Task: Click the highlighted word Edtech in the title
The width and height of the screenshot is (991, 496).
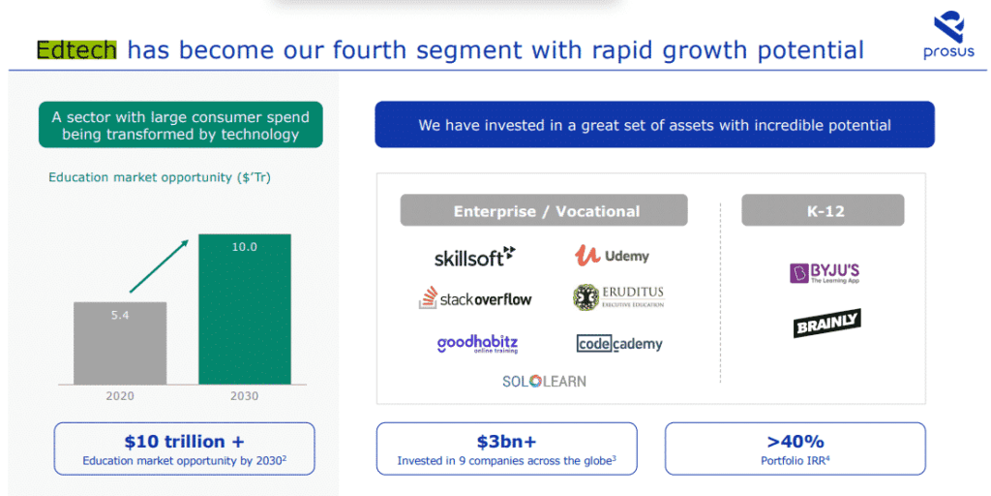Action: click(76, 49)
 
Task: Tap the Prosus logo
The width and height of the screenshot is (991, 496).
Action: click(948, 37)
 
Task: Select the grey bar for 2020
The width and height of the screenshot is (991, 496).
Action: click(120, 343)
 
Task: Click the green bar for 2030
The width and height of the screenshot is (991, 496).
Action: click(245, 309)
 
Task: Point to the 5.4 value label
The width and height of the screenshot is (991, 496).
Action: click(120, 315)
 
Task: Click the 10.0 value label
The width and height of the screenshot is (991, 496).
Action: click(245, 247)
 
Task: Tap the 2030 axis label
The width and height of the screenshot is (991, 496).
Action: click(245, 396)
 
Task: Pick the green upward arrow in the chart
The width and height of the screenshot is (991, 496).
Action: click(160, 265)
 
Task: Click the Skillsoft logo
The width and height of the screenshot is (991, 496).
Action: click(474, 256)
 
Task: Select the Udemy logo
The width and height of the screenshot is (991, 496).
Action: click(612, 256)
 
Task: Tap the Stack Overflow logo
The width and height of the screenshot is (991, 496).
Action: click(475, 298)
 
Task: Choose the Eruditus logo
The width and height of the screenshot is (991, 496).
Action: click(618, 297)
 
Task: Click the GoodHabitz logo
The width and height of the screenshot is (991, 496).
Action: click(478, 344)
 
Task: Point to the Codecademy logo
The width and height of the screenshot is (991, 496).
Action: click(619, 344)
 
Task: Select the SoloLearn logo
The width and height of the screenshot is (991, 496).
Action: click(544, 382)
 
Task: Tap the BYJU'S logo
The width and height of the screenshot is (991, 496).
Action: click(825, 272)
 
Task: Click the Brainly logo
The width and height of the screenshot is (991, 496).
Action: click(826, 324)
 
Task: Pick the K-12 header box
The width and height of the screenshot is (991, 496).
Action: click(823, 210)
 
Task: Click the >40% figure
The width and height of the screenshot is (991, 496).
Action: click(796, 441)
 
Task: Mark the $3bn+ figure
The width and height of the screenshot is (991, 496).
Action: click(507, 441)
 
